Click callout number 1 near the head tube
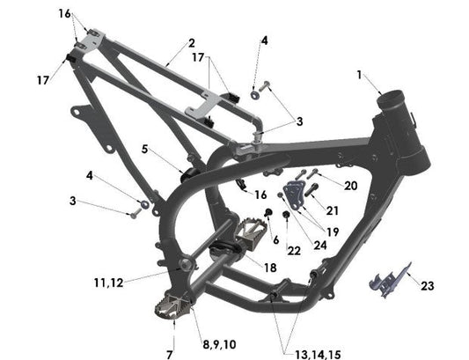359,76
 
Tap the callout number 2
191,42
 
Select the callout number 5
145,149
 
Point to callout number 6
275,239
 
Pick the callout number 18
269,267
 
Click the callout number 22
269,252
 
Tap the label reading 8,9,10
217,343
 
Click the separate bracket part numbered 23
387,280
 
